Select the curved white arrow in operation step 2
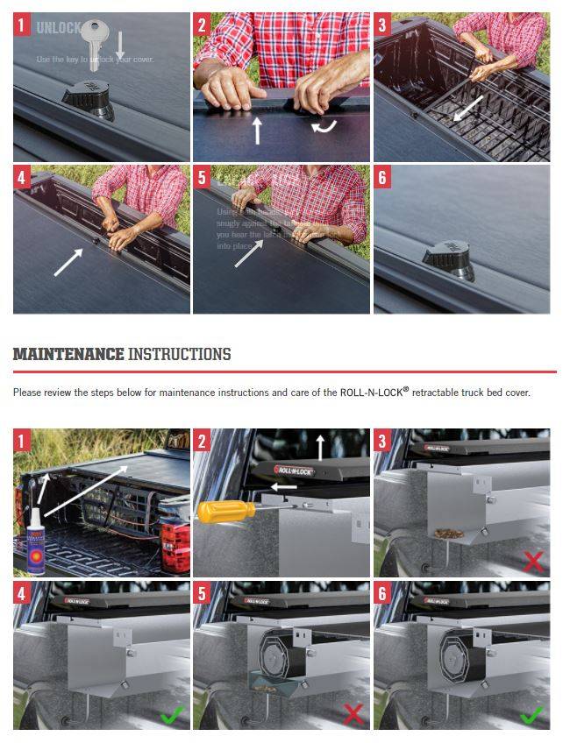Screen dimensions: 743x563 click(323, 127)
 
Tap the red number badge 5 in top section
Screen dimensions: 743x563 click(203, 179)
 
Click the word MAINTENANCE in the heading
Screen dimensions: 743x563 click(68, 354)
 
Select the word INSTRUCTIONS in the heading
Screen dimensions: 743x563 click(180, 354)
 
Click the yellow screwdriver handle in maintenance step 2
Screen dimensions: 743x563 click(223, 512)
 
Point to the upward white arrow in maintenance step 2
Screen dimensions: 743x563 click(320, 446)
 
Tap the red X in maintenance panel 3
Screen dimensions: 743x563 click(531, 560)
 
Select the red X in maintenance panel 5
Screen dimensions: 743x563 click(353, 714)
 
